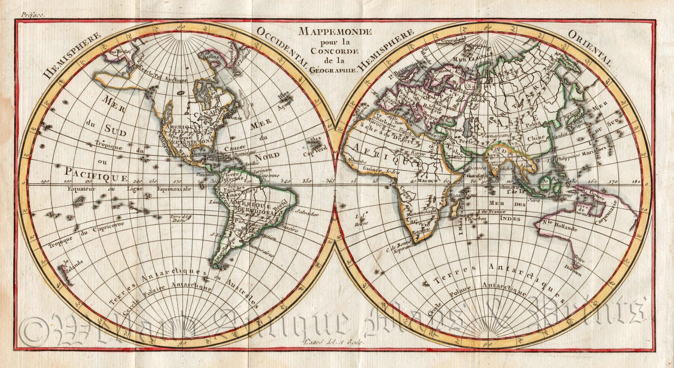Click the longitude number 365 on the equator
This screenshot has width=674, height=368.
(x=329, y=181)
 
